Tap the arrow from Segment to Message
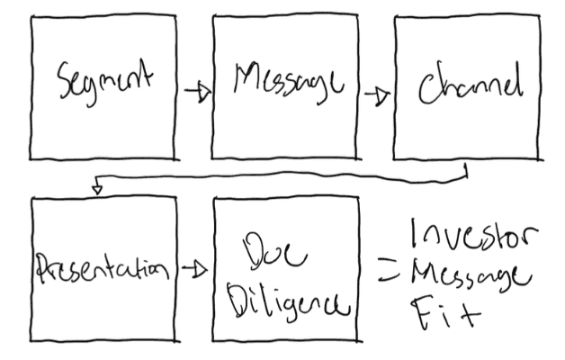coord(194,89)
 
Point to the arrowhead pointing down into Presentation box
coord(97,188)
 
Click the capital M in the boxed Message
coord(244,86)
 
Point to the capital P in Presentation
coord(43,268)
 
